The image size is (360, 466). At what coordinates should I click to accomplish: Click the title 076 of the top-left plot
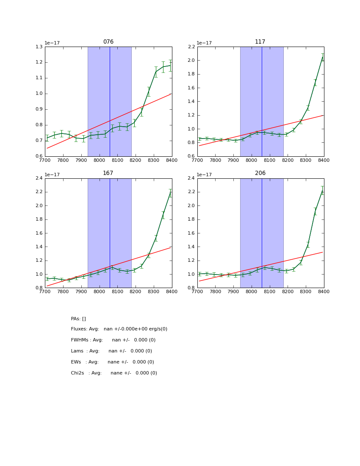pyautogui.click(x=108, y=42)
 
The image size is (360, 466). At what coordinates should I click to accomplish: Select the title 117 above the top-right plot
pyautogui.click(x=260, y=42)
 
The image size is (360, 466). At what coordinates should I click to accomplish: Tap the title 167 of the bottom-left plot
pyautogui.click(x=108, y=173)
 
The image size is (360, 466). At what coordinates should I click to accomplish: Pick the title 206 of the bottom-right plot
pyautogui.click(x=260, y=173)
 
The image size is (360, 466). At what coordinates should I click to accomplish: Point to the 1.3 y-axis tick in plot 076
pyautogui.click(x=39, y=47)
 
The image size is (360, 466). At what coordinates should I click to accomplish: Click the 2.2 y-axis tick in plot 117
pyautogui.click(x=191, y=47)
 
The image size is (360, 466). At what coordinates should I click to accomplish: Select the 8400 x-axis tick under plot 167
pyautogui.click(x=172, y=291)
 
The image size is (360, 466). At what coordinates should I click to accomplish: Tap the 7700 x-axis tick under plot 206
pyautogui.click(x=197, y=291)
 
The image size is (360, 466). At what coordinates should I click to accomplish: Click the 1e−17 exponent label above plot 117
pyautogui.click(x=205, y=43)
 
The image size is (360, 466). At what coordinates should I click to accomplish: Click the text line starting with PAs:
pyautogui.click(x=78, y=319)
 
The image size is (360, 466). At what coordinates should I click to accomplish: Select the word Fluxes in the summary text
pyautogui.click(x=78, y=329)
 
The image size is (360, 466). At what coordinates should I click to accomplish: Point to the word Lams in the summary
pyautogui.click(x=77, y=351)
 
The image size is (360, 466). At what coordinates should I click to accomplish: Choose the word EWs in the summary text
pyautogui.click(x=76, y=362)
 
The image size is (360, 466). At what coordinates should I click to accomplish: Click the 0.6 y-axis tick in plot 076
pyautogui.click(x=39, y=156)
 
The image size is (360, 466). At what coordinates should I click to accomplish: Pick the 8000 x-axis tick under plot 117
pyautogui.click(x=252, y=160)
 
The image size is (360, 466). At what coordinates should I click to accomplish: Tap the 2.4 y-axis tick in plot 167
pyautogui.click(x=39, y=178)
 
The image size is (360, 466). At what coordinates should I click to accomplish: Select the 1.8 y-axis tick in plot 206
pyautogui.click(x=191, y=219)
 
